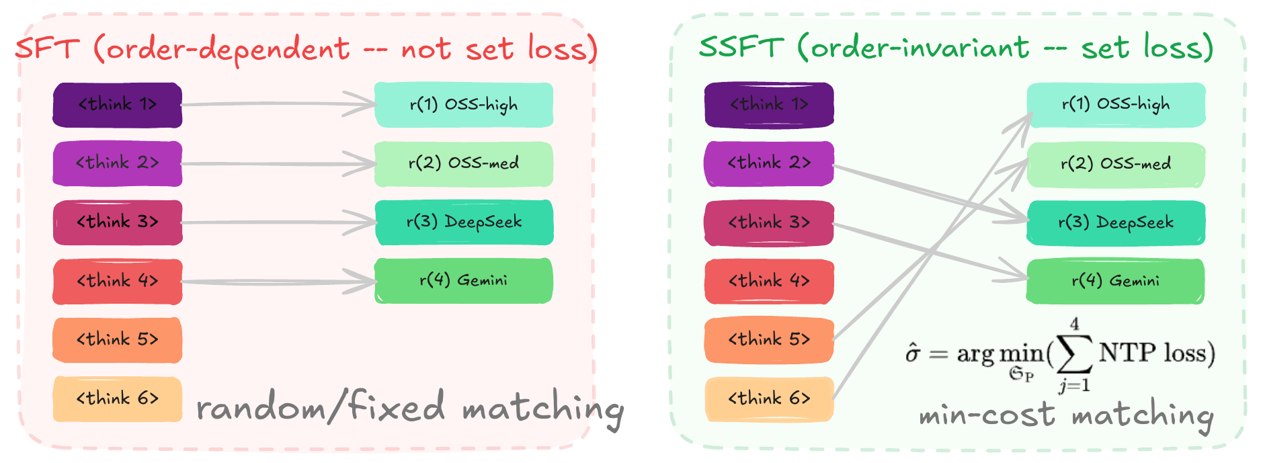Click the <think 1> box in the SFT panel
[x=118, y=105]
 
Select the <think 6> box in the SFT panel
[x=118, y=398]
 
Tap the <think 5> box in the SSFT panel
[x=769, y=340]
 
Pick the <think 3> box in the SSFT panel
[x=769, y=222]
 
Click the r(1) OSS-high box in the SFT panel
[x=464, y=105]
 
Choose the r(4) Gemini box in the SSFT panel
[x=1115, y=281]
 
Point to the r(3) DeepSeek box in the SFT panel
[x=464, y=222]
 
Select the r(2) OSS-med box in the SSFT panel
[x=1115, y=164]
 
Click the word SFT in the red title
[x=47, y=49]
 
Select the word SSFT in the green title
[x=741, y=48]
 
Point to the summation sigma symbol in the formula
[x=1073, y=355]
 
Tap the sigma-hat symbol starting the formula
[x=912, y=353]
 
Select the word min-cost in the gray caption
[x=987, y=415]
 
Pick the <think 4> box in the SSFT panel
[x=769, y=281]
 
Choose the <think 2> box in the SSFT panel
[x=769, y=163]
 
